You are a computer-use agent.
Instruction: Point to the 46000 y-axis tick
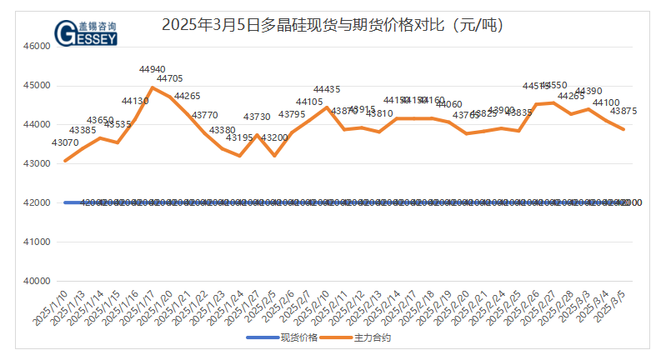(37, 47)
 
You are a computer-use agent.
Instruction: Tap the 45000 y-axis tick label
(37, 86)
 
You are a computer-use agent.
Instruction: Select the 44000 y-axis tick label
(37, 125)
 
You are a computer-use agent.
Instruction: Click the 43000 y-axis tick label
(37, 164)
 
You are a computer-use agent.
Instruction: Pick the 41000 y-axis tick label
(37, 242)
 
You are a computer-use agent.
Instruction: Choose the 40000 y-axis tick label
(37, 282)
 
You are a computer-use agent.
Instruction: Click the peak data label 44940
(152, 69)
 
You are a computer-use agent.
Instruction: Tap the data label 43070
(65, 143)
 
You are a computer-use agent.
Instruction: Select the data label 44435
(327, 89)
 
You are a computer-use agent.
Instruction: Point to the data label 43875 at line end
(623, 111)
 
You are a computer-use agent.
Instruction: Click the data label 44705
(170, 78)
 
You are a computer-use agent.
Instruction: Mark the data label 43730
(257, 117)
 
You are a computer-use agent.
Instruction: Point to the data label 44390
(588, 91)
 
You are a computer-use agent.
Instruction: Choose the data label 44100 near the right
(606, 102)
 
